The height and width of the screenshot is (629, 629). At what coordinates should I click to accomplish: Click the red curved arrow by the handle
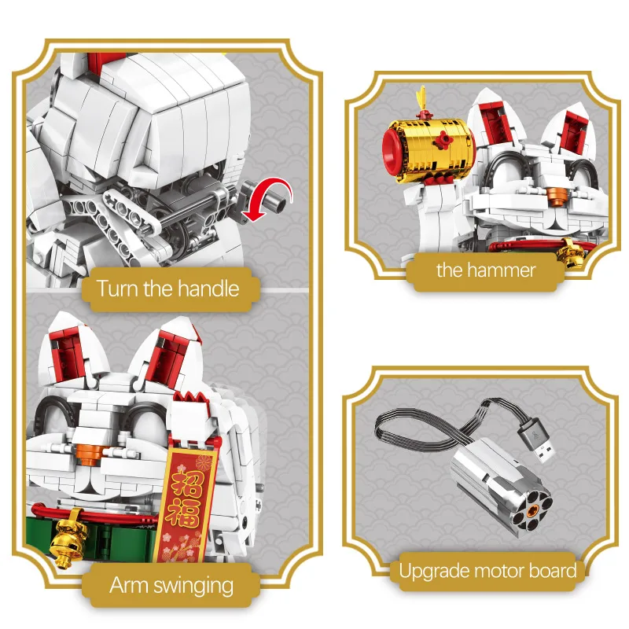(270, 197)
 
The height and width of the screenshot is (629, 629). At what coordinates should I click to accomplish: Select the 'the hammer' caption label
(486, 270)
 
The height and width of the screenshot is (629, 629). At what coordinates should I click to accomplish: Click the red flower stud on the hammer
(445, 143)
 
